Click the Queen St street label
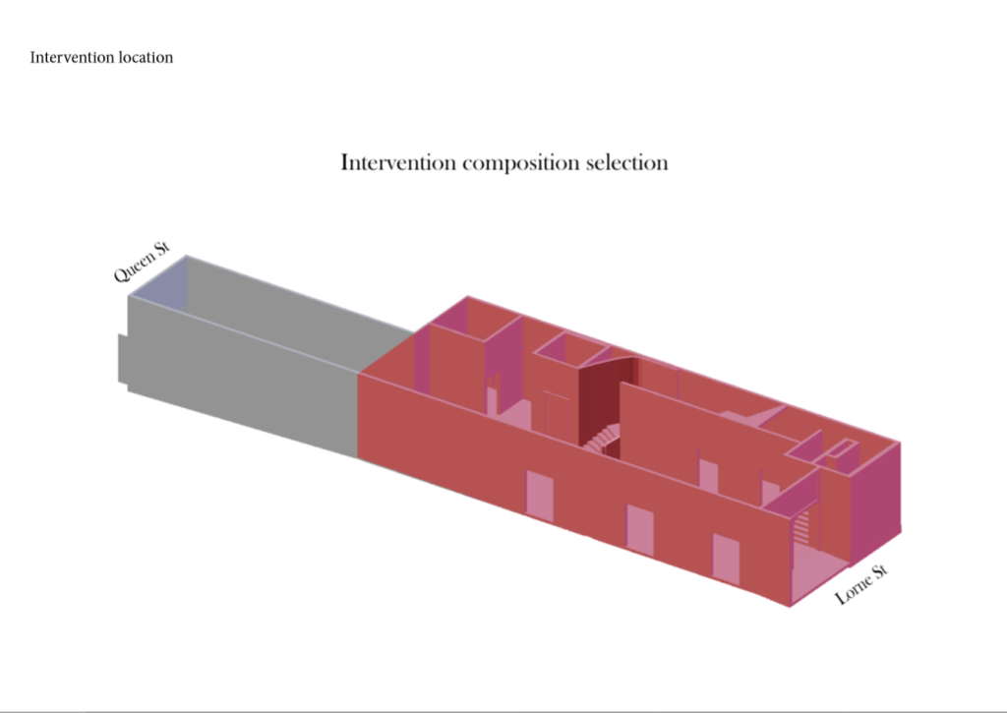(142, 262)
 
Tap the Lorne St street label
(861, 584)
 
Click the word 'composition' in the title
(521, 163)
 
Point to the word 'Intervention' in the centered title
(398, 162)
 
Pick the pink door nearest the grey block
(540, 494)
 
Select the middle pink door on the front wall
(639, 530)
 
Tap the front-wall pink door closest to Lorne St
(726, 560)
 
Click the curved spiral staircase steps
(602, 439)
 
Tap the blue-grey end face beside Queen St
(157, 283)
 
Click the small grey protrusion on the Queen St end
(123, 359)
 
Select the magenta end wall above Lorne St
(875, 500)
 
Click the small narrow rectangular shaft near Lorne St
(842, 447)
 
